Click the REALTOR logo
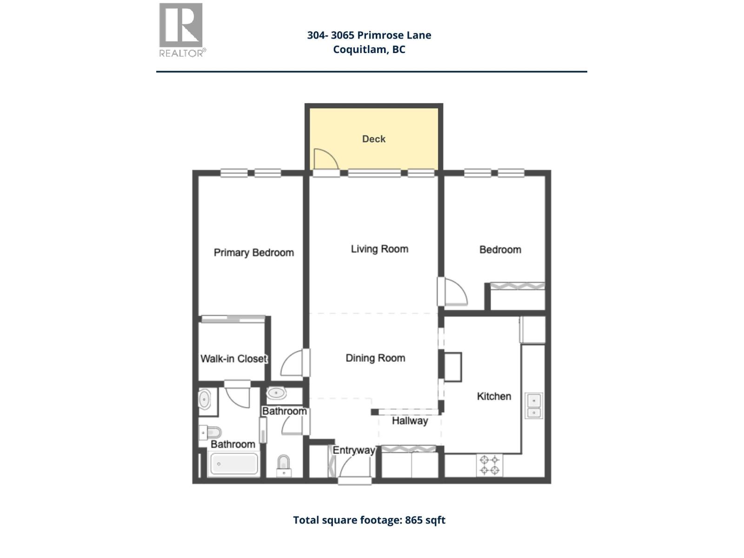(181, 30)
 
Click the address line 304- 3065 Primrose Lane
(369, 35)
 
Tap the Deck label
(373, 139)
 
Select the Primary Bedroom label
(253, 252)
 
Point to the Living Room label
(379, 249)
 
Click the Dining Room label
(375, 358)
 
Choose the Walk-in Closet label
(233, 359)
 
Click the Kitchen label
(494, 396)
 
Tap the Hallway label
(410, 421)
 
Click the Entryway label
(353, 450)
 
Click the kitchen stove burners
(489, 465)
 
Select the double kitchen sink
(534, 405)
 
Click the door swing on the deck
(325, 159)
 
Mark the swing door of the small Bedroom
(455, 292)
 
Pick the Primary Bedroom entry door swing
(292, 364)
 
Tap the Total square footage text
(369, 520)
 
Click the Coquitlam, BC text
(369, 49)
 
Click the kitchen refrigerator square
(532, 330)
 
